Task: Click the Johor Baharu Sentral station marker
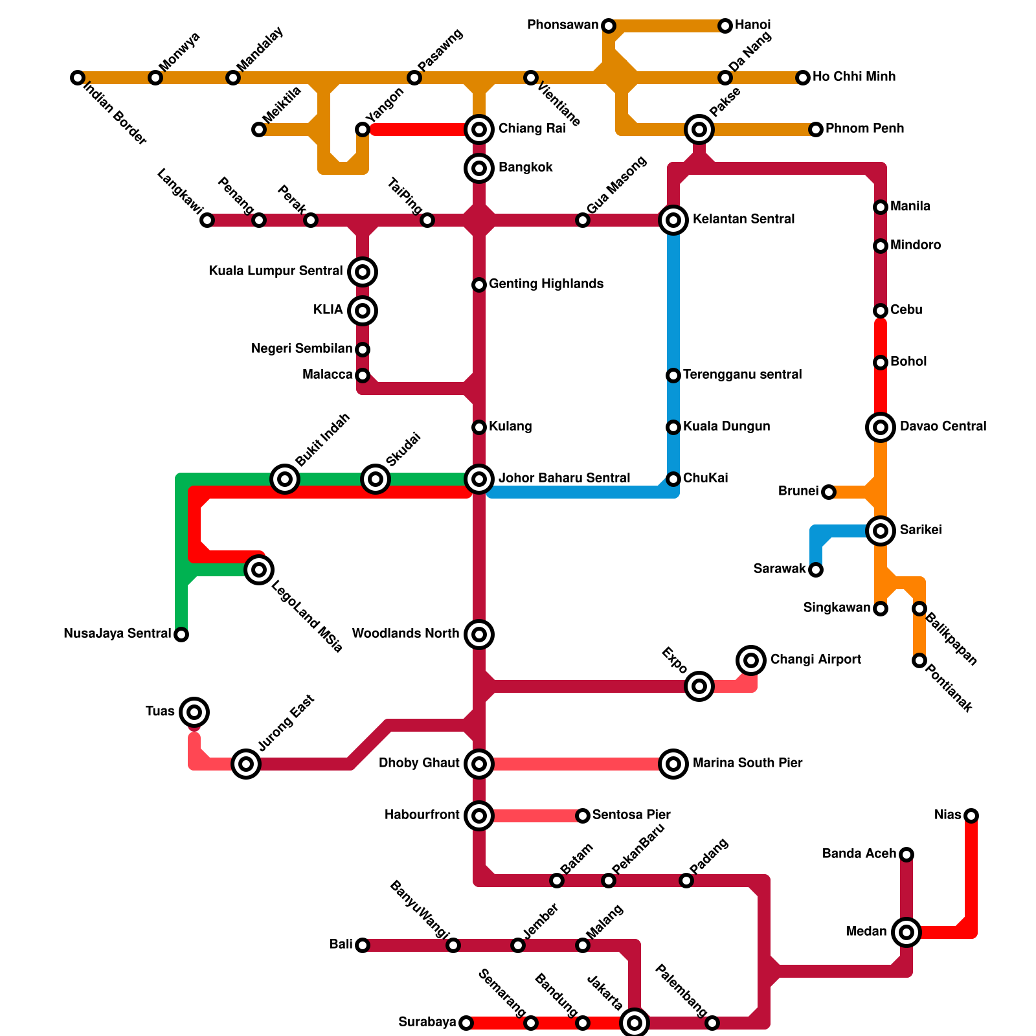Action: pos(479,479)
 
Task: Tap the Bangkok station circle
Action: pos(479,168)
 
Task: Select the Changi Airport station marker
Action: pos(751,660)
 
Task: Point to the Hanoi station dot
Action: pos(725,26)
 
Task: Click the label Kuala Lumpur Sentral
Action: pos(275,271)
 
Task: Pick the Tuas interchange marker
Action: pos(194,712)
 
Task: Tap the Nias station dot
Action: pos(971,816)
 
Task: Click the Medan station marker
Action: pos(906,932)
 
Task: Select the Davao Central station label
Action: pos(943,427)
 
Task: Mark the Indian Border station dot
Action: pos(78,78)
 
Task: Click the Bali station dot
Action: pos(363,945)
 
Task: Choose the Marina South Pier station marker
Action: pos(673,764)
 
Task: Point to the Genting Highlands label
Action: pos(546,284)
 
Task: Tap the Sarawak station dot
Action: pos(816,570)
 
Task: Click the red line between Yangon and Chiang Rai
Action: pos(418,129)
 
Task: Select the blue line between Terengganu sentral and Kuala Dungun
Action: pos(673,401)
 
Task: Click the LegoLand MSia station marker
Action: pos(259,570)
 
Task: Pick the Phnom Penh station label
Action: pos(864,129)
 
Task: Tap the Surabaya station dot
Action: pos(466,1023)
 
